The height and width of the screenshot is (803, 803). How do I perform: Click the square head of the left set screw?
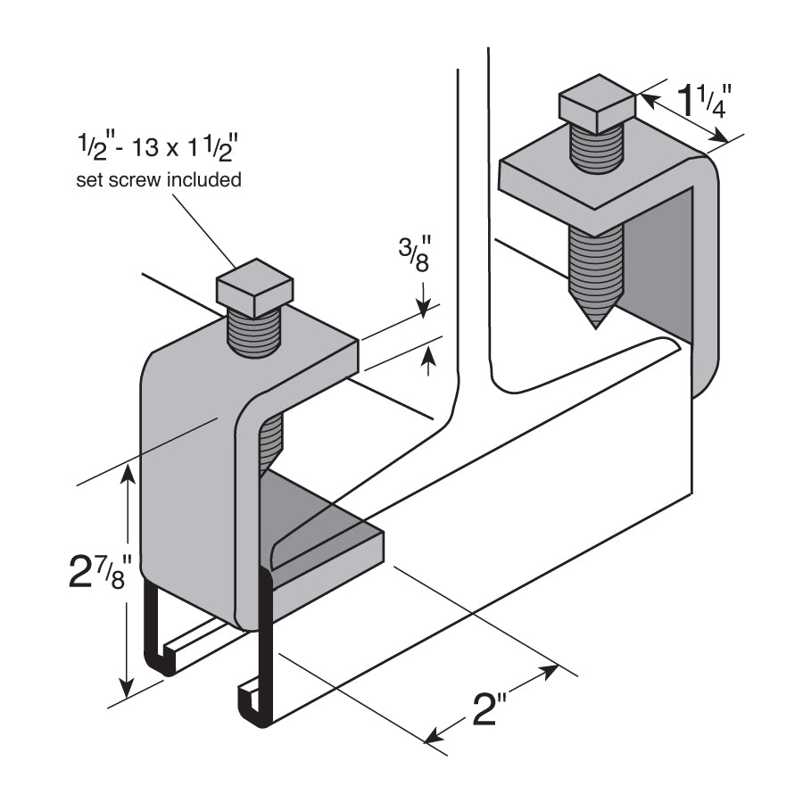click(255, 287)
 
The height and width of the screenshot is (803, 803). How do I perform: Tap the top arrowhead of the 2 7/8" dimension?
click(129, 471)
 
